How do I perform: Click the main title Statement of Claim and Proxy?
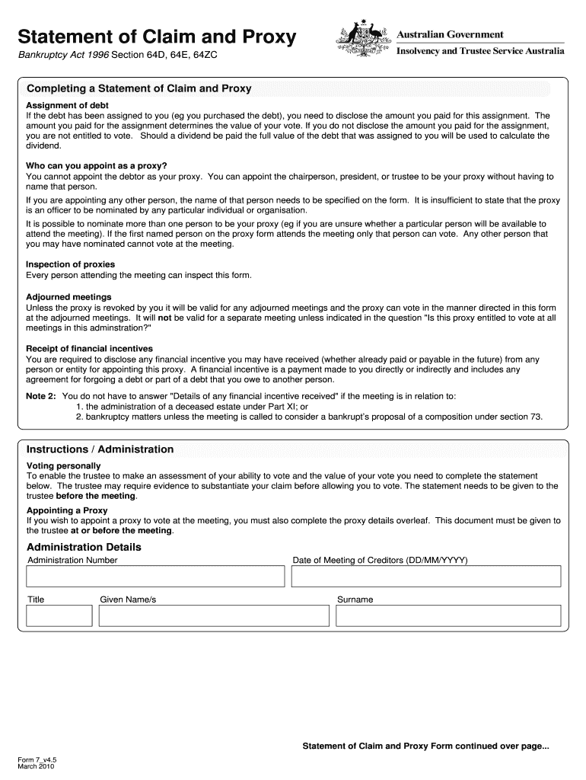click(x=157, y=37)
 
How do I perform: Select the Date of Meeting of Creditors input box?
click(x=426, y=577)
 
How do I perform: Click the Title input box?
click(x=55, y=615)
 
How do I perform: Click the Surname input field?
click(x=447, y=615)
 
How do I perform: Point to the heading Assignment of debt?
click(x=67, y=105)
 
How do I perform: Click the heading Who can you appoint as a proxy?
click(x=97, y=165)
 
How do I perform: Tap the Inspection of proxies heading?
click(x=71, y=264)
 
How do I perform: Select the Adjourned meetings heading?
click(x=68, y=297)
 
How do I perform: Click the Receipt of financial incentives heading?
click(x=89, y=349)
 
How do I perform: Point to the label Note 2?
click(x=41, y=396)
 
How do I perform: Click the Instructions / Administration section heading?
click(x=100, y=449)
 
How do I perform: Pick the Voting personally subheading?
click(x=63, y=465)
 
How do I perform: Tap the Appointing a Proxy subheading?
click(x=67, y=510)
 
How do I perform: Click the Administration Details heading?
click(x=84, y=547)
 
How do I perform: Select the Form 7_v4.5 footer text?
click(x=38, y=759)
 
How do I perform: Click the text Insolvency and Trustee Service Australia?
click(x=480, y=51)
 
